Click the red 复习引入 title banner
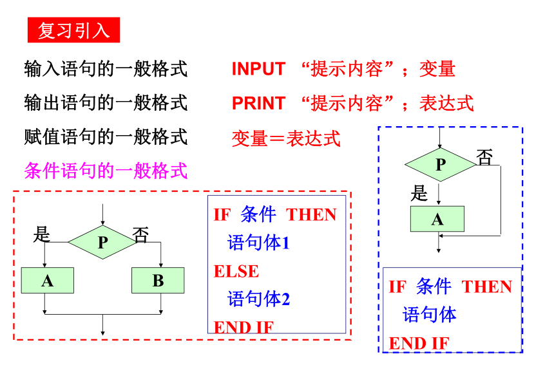73,30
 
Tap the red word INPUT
258,69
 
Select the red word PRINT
258,104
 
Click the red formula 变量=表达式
286,138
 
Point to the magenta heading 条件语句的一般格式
106,171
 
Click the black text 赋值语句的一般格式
106,137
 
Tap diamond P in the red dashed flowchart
102,242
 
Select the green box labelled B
158,280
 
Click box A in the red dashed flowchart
47,280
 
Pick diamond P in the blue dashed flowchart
440,165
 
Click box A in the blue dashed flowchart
437,219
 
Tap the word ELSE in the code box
236,272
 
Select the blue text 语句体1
258,243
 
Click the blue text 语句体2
258,299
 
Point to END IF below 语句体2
244,327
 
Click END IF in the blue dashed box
419,343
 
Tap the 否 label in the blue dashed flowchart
484,157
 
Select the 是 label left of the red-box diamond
42,234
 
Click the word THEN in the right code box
487,286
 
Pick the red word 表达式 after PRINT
446,104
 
